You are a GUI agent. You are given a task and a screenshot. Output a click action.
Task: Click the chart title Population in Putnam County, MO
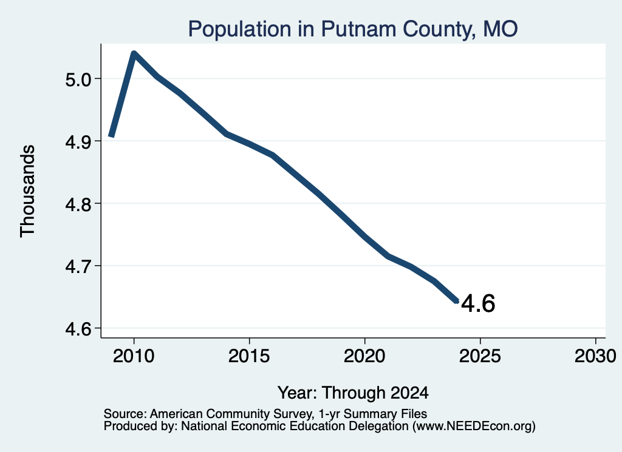click(x=353, y=29)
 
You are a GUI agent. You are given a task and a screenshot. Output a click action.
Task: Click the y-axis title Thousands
click(x=27, y=191)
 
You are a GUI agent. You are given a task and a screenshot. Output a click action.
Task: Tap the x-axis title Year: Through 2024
click(x=353, y=393)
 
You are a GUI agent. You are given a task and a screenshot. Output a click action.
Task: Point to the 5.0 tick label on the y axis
click(x=78, y=79)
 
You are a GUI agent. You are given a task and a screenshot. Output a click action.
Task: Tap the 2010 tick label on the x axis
click(x=134, y=356)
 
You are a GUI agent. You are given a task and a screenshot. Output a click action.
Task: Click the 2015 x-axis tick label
click(x=249, y=356)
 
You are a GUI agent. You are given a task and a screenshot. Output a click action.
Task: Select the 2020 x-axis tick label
click(x=364, y=356)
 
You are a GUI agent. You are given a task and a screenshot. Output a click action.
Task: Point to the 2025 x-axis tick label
click(x=480, y=356)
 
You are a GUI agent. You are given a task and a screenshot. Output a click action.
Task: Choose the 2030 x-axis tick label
click(x=595, y=356)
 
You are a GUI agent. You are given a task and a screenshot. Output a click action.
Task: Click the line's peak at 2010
click(x=134, y=53)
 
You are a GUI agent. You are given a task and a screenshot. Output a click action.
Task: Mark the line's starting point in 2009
click(x=112, y=136)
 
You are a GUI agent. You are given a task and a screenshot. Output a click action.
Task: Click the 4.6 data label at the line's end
click(x=478, y=304)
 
